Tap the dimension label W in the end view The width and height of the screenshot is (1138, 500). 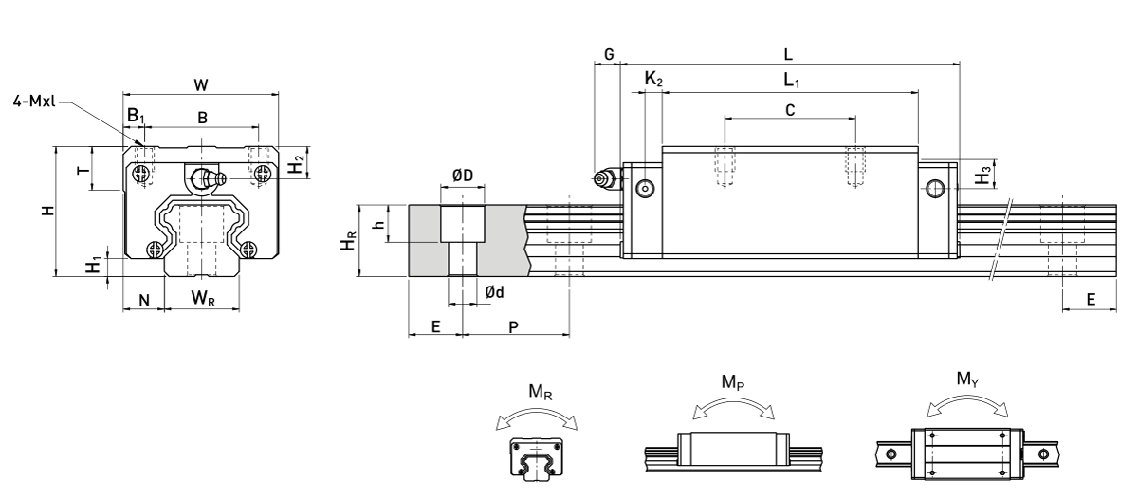click(x=200, y=85)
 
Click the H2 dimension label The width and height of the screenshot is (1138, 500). click(x=297, y=164)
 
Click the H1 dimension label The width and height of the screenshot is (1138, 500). click(x=92, y=265)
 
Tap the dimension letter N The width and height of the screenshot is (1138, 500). click(x=144, y=300)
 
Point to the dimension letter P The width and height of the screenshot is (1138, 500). click(x=514, y=325)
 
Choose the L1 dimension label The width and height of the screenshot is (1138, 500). click(x=793, y=83)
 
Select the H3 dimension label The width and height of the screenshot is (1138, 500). click(x=984, y=175)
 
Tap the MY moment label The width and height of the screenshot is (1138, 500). click(x=967, y=382)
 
